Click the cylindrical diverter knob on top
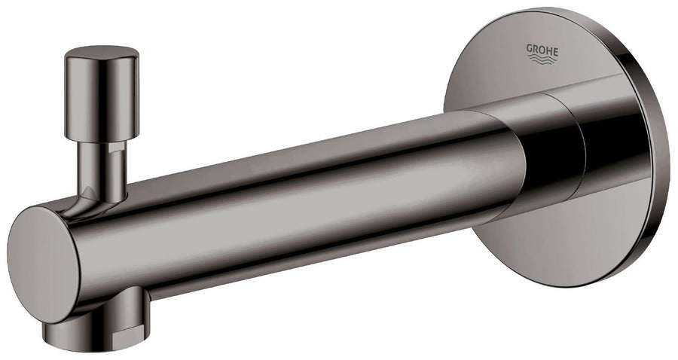click(101, 94)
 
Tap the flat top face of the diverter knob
click(101, 53)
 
